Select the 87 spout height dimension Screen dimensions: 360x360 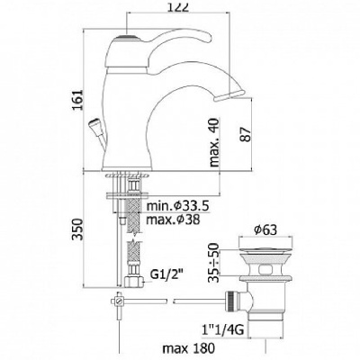coord(245,134)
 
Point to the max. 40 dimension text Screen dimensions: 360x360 coord(215,142)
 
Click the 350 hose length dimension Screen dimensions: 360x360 coord(76,229)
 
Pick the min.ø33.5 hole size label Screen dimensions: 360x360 coord(177,206)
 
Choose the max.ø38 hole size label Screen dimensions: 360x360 coord(173,220)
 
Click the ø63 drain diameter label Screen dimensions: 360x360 coord(265,230)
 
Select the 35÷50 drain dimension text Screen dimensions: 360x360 coord(215,262)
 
